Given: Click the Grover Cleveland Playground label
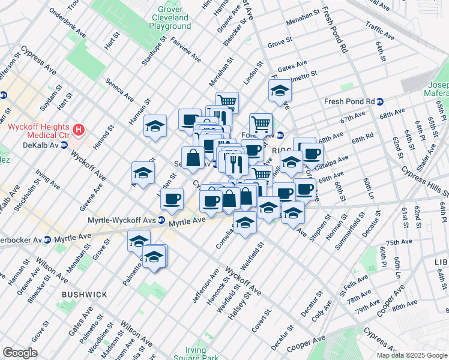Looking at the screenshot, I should click(x=170, y=18).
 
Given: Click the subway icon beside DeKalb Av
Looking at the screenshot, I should click(x=64, y=146).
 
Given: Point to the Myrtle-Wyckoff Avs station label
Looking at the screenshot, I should click(x=122, y=221).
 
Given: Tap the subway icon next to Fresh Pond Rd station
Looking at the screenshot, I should click(x=380, y=101).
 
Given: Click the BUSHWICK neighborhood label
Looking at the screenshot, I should click(x=84, y=295).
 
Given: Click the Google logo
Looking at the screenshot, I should click(x=20, y=353).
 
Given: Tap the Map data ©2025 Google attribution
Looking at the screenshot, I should click(x=412, y=355).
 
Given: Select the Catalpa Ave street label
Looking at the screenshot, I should click(x=334, y=161).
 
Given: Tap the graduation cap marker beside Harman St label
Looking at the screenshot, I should click(x=155, y=126).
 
